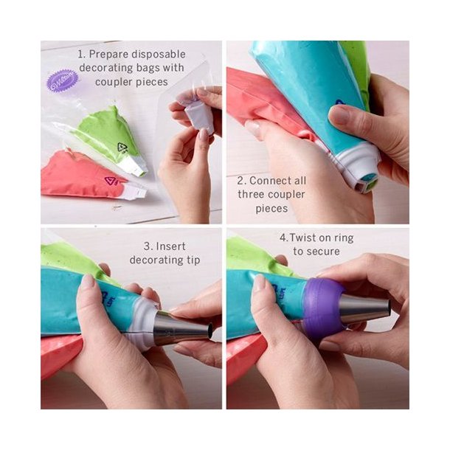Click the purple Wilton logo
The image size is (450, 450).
[x=63, y=80]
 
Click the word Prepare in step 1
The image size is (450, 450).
[x=114, y=54]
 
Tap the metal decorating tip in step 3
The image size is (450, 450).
[x=181, y=330]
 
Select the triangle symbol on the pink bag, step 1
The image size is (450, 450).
[x=111, y=181]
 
